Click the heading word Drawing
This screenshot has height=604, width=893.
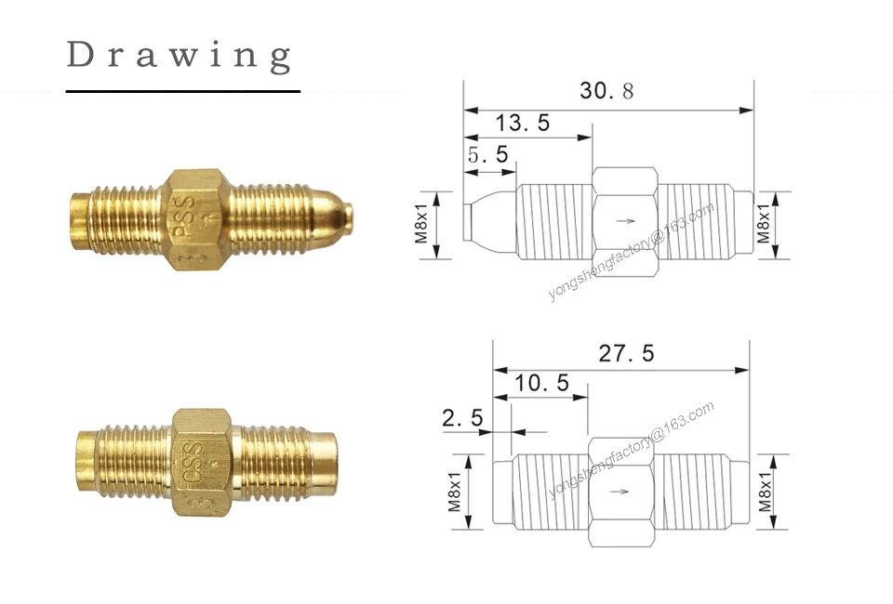tap(180, 57)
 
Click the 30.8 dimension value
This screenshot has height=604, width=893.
tap(606, 90)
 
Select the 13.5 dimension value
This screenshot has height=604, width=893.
tap(522, 123)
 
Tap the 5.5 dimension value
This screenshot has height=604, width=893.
tap(487, 154)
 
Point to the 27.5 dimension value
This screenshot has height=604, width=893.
tap(626, 353)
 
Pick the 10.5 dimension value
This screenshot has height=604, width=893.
tap(541, 383)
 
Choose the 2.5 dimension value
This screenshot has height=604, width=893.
tap(462, 418)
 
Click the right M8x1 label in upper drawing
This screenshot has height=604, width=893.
tap(764, 224)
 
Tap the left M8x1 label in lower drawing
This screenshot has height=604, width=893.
tap(454, 492)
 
